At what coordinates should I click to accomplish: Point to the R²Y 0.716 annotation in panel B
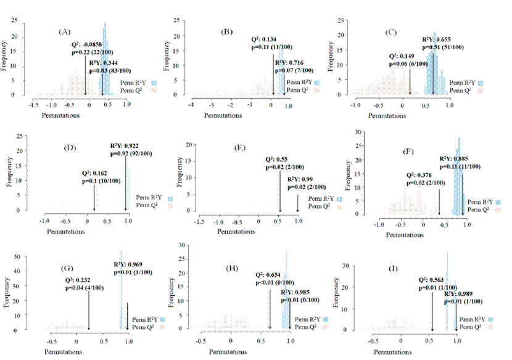point(291,63)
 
